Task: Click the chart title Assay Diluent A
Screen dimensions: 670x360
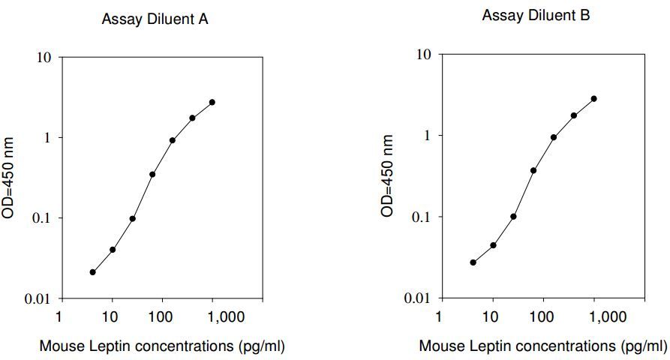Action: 155,19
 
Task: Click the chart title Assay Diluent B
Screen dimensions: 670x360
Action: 536,16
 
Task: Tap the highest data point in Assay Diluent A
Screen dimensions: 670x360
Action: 212,102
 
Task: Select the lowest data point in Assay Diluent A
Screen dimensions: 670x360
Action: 93,272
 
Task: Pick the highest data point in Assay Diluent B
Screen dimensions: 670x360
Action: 594,99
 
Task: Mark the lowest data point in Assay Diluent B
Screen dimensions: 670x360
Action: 473,262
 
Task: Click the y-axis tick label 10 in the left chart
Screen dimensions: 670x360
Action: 44,57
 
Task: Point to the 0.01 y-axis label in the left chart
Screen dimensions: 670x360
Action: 38,299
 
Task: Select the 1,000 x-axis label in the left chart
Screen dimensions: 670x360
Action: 225,316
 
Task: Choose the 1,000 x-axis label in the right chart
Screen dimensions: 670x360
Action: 607,316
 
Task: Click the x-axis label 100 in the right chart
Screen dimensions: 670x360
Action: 542,316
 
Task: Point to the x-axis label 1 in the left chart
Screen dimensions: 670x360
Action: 59,316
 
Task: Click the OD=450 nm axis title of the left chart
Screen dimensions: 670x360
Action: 8,178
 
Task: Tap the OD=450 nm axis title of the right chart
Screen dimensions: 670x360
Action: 387,175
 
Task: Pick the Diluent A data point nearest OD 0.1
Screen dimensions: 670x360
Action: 133,219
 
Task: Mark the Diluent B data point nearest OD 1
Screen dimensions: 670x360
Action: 554,137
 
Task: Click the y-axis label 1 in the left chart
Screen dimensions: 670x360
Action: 48,137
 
